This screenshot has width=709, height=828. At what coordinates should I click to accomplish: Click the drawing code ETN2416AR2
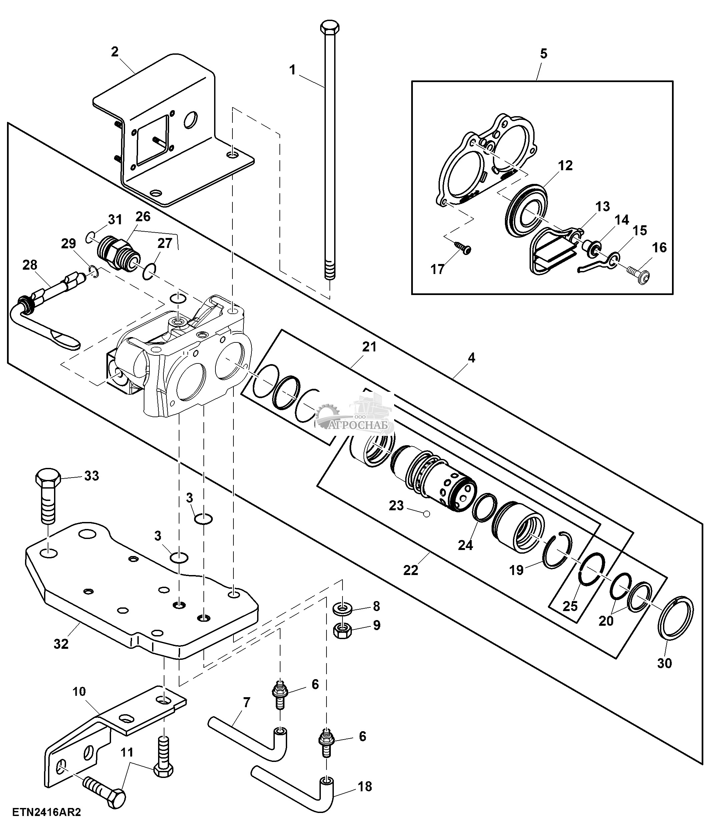[x=47, y=812]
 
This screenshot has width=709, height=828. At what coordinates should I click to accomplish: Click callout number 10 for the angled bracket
[x=79, y=692]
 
